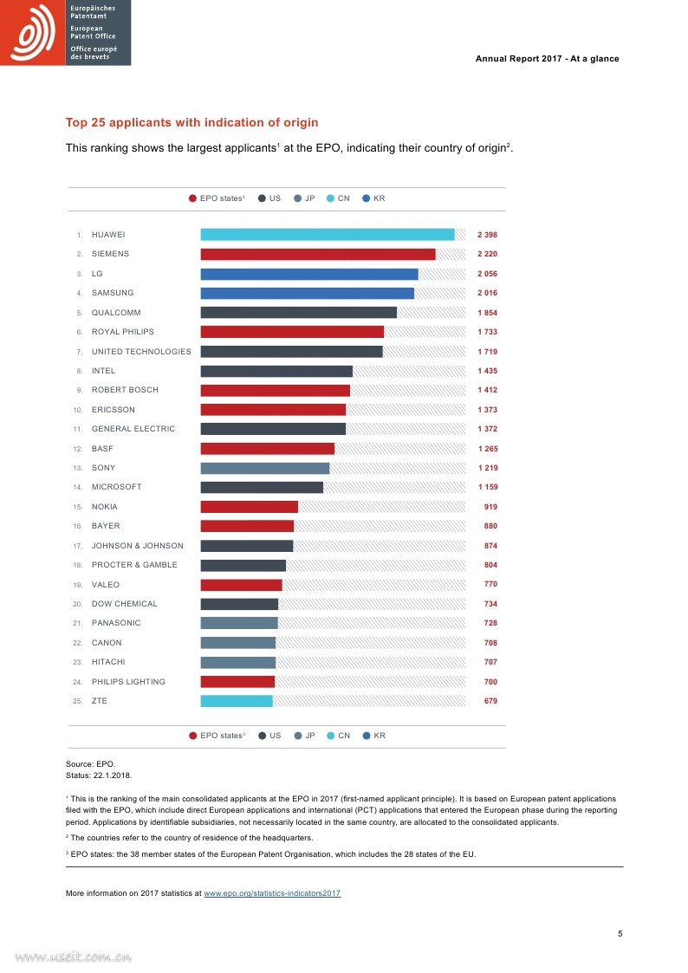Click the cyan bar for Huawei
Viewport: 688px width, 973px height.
pyautogui.click(x=328, y=235)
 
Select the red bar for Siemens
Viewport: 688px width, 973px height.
pyautogui.click(x=318, y=254)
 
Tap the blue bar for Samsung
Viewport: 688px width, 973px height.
pyautogui.click(x=308, y=293)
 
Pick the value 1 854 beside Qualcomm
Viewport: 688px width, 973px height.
pyautogui.click(x=487, y=313)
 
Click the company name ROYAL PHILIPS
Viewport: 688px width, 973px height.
pyautogui.click(x=122, y=332)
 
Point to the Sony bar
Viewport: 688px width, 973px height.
pyautogui.click(x=265, y=468)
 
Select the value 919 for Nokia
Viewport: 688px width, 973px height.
pyautogui.click(x=490, y=507)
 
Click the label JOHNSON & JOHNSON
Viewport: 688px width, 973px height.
pyautogui.click(x=137, y=546)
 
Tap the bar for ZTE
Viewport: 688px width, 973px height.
pyautogui.click(x=237, y=701)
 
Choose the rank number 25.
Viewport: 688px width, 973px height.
pyautogui.click(x=77, y=701)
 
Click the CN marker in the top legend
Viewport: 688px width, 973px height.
pyautogui.click(x=331, y=198)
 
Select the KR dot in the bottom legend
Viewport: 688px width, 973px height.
pyautogui.click(x=367, y=736)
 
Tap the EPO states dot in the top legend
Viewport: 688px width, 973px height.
pyautogui.click(x=192, y=198)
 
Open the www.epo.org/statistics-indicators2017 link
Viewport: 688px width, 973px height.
pyautogui.click(x=272, y=892)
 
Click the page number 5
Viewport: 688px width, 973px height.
pyautogui.click(x=620, y=933)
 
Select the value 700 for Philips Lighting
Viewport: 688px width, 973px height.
pyautogui.click(x=490, y=682)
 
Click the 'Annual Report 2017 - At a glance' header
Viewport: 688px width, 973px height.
pyautogui.click(x=547, y=59)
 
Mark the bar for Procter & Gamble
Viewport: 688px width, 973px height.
pyautogui.click(x=243, y=565)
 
